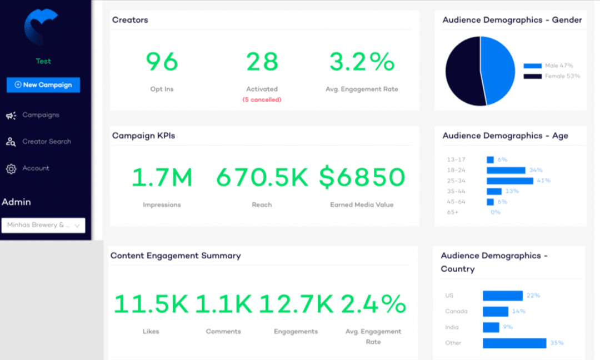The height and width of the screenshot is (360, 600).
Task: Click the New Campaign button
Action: click(43, 85)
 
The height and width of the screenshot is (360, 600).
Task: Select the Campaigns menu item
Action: click(41, 115)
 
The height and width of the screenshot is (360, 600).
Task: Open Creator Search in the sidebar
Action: click(47, 142)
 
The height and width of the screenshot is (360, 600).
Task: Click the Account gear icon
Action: click(11, 169)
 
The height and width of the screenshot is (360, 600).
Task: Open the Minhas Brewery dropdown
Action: click(43, 225)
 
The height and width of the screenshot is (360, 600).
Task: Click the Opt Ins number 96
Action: click(162, 62)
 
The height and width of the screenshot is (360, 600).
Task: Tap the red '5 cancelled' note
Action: click(262, 99)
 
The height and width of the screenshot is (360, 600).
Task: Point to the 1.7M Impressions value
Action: click(162, 178)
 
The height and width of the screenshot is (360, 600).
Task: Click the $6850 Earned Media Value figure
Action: click(362, 178)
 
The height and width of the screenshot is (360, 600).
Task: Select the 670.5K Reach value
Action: click(262, 178)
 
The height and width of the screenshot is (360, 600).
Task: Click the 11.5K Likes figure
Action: click(151, 304)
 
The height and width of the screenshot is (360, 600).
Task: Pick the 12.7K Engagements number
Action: click(296, 304)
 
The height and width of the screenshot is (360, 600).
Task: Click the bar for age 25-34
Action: click(509, 181)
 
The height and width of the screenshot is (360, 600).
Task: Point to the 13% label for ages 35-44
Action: click(512, 191)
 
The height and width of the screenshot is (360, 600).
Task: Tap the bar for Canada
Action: click(495, 312)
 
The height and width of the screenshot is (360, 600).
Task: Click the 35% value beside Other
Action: click(557, 343)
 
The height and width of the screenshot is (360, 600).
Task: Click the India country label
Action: click(452, 327)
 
